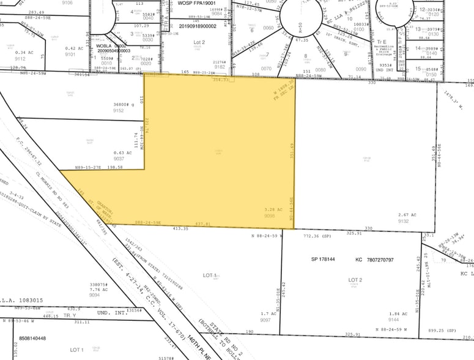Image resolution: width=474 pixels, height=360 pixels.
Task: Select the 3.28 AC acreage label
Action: (x=274, y=209)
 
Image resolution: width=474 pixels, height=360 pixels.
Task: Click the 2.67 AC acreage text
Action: (x=408, y=215)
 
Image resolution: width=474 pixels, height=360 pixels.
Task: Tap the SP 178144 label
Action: (x=325, y=260)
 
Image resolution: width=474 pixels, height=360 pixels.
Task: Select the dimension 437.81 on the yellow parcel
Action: (x=203, y=223)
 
